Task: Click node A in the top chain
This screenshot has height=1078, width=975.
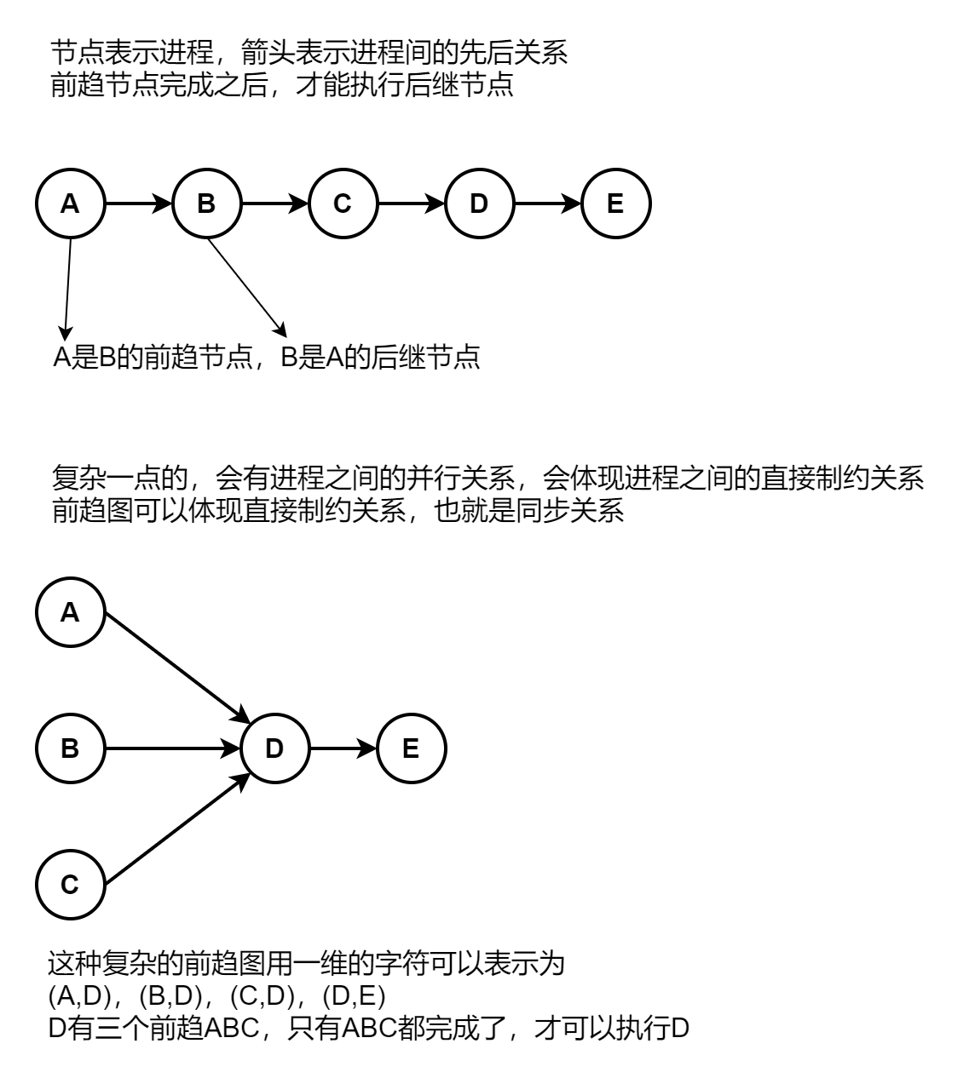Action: click(70, 204)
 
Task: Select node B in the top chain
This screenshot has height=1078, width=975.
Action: click(206, 204)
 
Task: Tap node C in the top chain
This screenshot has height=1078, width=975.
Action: click(343, 204)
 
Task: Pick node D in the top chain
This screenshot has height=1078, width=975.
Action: click(479, 204)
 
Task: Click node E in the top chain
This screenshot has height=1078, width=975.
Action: click(615, 204)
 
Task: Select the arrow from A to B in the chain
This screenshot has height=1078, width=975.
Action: click(138, 204)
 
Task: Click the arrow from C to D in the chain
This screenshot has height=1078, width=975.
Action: click(411, 204)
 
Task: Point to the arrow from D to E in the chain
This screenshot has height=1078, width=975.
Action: click(547, 204)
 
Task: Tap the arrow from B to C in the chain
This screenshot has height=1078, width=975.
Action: click(274, 204)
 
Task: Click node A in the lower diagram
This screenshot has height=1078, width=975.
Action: click(70, 612)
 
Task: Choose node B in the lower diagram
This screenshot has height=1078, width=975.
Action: click(70, 749)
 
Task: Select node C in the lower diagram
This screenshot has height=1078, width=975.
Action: click(70, 886)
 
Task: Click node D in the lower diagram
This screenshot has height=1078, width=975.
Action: click(274, 749)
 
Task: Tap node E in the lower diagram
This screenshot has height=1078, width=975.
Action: click(411, 749)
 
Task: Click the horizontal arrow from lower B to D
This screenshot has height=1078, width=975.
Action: click(172, 749)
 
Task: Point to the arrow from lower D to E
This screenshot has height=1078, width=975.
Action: click(343, 749)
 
